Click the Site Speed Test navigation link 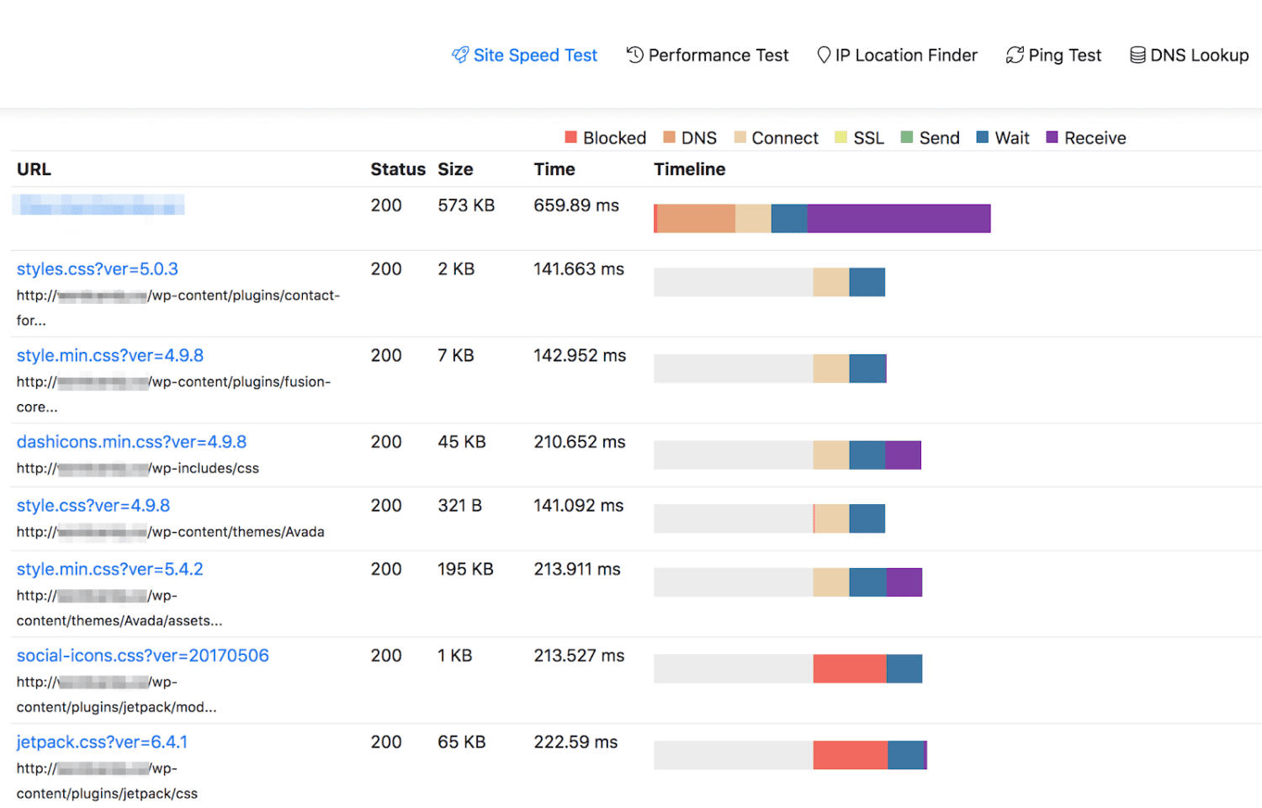[x=525, y=56]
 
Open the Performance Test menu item [x=708, y=56]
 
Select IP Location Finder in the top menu [x=898, y=56]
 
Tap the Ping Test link [x=1054, y=56]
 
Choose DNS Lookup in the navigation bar [x=1189, y=56]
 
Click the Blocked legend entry [x=606, y=138]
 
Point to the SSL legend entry [x=860, y=138]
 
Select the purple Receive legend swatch [x=1052, y=137]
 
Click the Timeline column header [x=689, y=169]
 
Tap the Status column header [x=398, y=169]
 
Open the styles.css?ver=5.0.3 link [x=98, y=269]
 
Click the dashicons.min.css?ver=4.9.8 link [x=131, y=442]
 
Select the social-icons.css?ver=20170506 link [x=143, y=656]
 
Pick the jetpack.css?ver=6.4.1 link [x=102, y=742]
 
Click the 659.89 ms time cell [x=576, y=205]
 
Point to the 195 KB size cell [x=465, y=569]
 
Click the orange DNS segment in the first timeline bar [x=695, y=219]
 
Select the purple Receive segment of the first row [x=899, y=219]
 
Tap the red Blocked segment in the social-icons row [x=849, y=669]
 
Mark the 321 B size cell [x=459, y=506]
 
